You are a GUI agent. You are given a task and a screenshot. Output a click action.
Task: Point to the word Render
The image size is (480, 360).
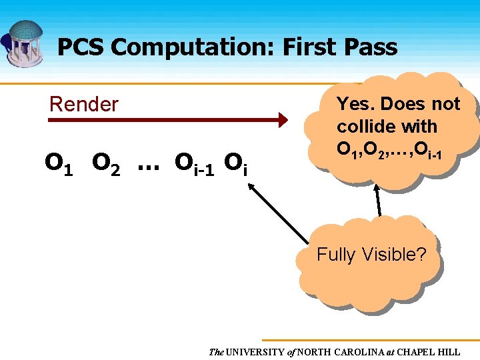(x=84, y=104)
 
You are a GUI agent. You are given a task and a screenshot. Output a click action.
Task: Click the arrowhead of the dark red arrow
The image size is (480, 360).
(x=283, y=120)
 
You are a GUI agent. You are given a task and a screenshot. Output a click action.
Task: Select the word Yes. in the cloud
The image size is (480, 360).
(x=357, y=104)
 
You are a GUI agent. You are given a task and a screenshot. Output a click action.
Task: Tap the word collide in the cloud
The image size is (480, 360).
(x=363, y=126)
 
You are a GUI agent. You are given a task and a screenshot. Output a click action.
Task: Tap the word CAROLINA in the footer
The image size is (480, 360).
(x=360, y=351)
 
